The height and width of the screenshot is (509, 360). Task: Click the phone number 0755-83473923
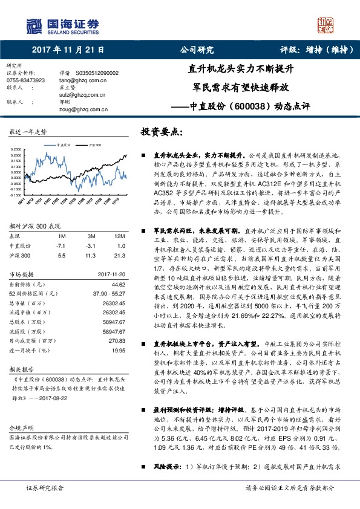[26, 79]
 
